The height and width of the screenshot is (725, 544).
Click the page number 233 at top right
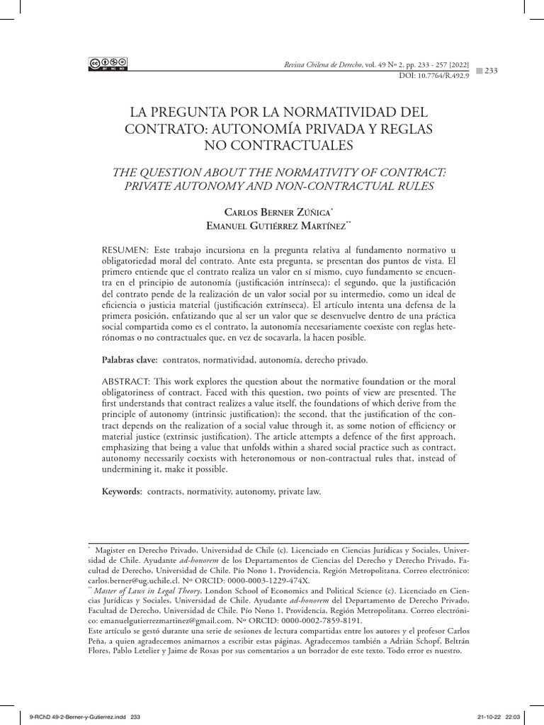492,69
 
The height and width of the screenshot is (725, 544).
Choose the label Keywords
123,490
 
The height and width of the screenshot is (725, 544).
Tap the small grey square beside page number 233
478,69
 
